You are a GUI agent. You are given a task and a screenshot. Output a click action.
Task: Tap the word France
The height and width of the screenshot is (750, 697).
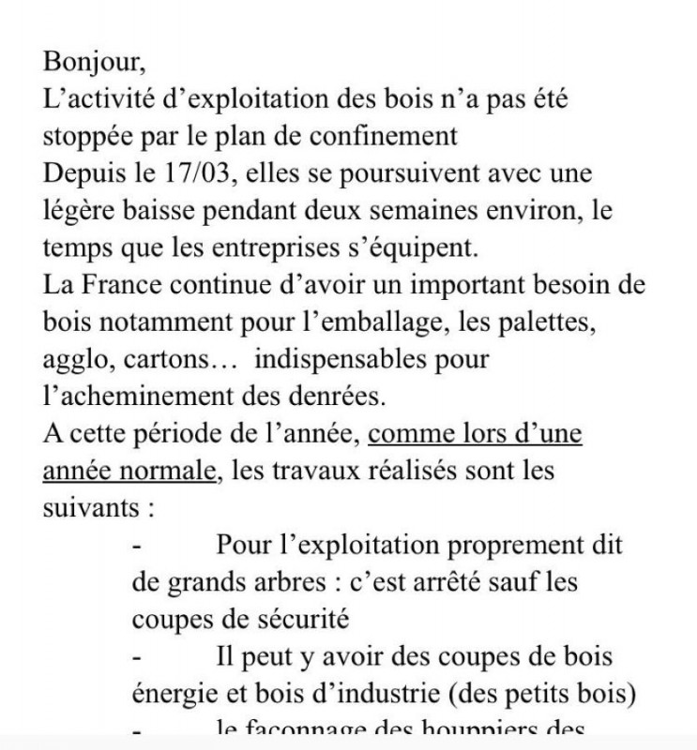(129, 285)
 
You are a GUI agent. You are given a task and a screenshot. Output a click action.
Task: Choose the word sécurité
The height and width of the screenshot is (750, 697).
(297, 620)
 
